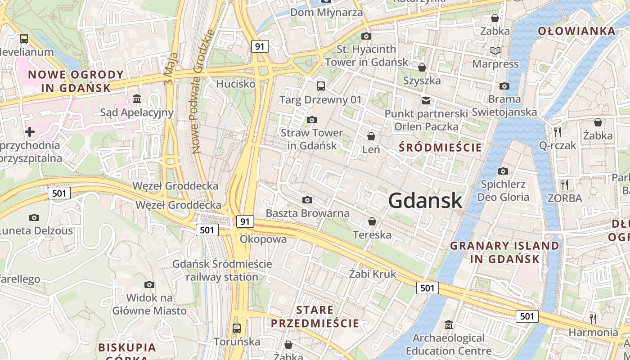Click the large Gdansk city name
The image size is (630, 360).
[x=425, y=201]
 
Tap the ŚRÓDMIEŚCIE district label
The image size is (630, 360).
[x=441, y=148]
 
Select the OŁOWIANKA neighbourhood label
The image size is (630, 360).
[x=576, y=31]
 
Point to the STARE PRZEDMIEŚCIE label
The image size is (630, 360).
[x=315, y=317]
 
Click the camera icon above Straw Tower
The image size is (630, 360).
[x=311, y=120]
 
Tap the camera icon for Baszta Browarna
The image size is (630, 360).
[x=307, y=200]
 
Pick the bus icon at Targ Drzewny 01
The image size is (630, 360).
[x=320, y=86]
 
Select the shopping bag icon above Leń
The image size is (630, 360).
[x=371, y=136]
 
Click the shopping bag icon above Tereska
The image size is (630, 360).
[x=372, y=221]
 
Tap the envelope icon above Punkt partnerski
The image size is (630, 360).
[x=426, y=100]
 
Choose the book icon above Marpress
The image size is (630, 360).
[x=495, y=51]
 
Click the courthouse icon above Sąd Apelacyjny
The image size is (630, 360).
[x=137, y=99]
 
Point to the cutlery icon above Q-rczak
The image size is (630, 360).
[x=558, y=132]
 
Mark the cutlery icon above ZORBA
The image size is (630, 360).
[x=565, y=184]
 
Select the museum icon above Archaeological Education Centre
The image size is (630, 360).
[x=449, y=324]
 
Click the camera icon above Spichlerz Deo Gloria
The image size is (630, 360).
[x=503, y=171]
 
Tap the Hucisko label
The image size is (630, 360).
[x=236, y=84]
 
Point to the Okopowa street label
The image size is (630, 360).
[x=263, y=239]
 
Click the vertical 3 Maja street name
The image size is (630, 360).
[x=171, y=69]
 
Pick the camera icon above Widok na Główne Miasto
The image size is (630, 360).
[x=149, y=284]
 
